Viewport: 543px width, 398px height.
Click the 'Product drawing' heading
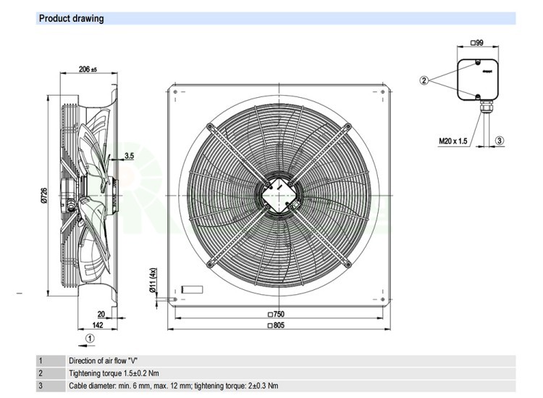pyautogui.click(x=71, y=18)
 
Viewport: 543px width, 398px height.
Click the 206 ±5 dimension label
pyautogui.click(x=88, y=69)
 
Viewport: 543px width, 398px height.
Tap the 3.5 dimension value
pyautogui.click(x=129, y=155)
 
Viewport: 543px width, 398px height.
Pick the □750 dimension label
pyautogui.click(x=276, y=314)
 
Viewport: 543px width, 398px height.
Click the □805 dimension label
pyautogui.click(x=276, y=326)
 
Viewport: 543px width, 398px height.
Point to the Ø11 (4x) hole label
pyautogui.click(x=153, y=281)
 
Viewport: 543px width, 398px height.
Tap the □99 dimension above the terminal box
pyautogui.click(x=477, y=44)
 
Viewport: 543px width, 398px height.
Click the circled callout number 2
pyautogui.click(x=424, y=80)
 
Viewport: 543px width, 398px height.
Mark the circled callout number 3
pyautogui.click(x=499, y=141)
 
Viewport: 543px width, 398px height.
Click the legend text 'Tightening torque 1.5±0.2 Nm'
pyautogui.click(x=114, y=373)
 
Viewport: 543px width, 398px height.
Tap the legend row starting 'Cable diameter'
pyautogui.click(x=173, y=386)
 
